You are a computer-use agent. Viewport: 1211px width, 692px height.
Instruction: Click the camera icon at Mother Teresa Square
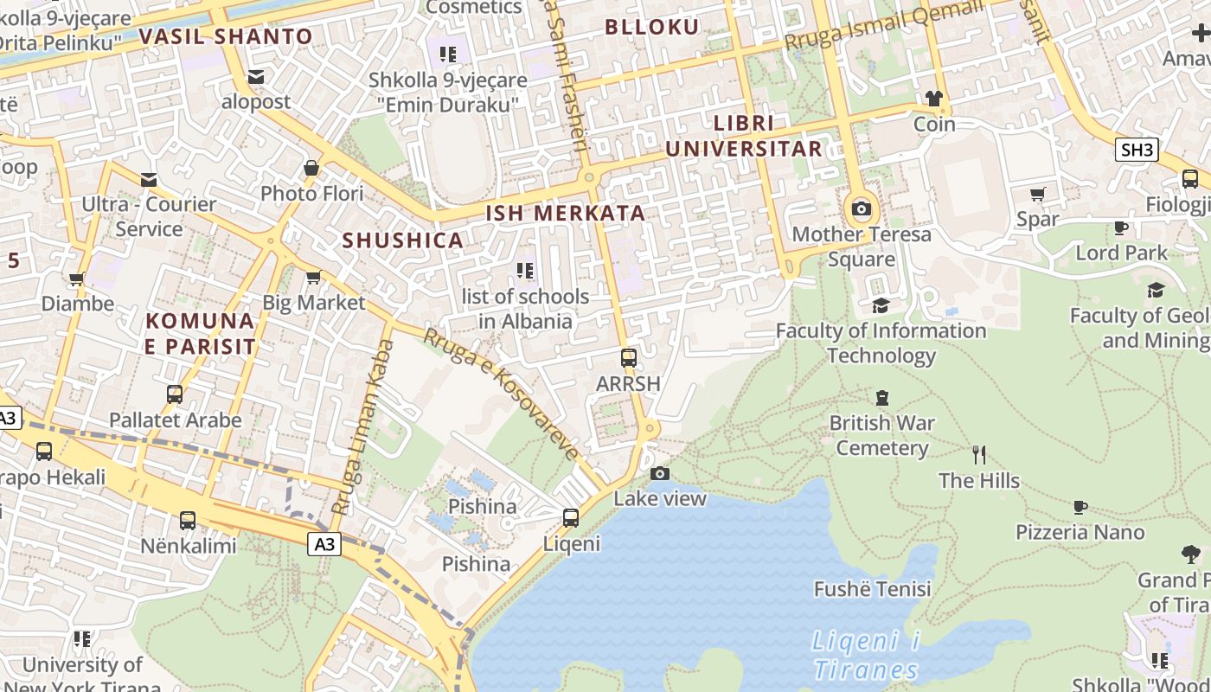(x=861, y=208)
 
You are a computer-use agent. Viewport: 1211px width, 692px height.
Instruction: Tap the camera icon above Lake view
(x=660, y=473)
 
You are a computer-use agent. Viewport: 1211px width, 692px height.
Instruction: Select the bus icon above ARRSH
(x=629, y=357)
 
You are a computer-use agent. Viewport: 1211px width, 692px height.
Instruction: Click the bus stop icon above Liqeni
(x=571, y=518)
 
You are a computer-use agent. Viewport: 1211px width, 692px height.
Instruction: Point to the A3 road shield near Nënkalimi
(x=324, y=544)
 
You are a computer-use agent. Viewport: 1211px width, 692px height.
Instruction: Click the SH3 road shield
(x=1137, y=150)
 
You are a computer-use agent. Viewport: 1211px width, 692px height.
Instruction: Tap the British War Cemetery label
(x=881, y=435)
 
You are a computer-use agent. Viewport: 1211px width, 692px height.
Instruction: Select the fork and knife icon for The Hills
(x=979, y=455)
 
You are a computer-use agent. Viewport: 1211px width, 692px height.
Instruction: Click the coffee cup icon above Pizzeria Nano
(x=1080, y=507)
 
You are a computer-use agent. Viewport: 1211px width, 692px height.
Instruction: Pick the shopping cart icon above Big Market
(x=313, y=277)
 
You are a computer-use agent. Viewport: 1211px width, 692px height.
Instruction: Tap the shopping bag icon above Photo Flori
(x=311, y=168)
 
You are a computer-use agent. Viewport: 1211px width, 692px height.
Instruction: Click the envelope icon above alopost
(x=256, y=77)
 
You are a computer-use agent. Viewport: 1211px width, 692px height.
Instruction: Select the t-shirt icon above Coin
(x=934, y=99)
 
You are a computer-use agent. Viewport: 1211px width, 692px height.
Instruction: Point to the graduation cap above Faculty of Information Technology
(x=881, y=305)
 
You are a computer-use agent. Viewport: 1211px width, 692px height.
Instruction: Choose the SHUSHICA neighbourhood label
(x=403, y=240)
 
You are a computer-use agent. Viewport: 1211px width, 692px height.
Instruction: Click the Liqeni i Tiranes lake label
(x=865, y=656)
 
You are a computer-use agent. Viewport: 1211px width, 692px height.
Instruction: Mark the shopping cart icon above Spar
(x=1038, y=194)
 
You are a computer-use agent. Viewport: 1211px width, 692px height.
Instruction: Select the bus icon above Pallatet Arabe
(x=175, y=394)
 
